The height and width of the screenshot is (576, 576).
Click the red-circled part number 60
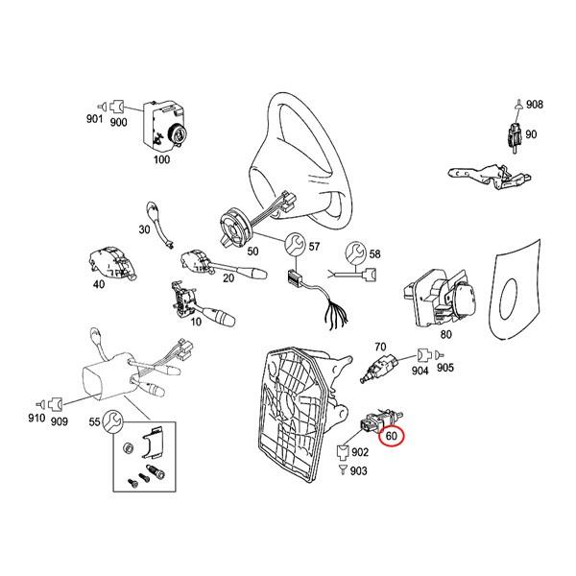point(392,436)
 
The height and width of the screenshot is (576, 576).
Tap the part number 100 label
point(161,159)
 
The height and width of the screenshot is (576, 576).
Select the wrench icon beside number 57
point(296,244)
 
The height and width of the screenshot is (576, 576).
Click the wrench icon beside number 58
point(355,252)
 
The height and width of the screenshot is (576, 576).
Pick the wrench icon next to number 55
point(113,421)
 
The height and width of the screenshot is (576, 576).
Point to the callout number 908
point(535,105)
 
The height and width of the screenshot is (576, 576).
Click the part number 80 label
point(446,334)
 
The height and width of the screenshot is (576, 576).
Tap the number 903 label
point(358,471)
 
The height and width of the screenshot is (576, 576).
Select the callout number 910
point(36,418)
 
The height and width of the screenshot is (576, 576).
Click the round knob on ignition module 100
point(179,133)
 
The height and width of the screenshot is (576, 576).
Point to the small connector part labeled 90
point(515,136)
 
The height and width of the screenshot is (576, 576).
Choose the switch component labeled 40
point(112,263)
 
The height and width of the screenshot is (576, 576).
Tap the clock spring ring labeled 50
point(234,228)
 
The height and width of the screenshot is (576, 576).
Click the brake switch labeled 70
point(379,368)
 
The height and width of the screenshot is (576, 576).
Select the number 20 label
point(228,278)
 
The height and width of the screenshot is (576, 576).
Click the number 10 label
point(196,322)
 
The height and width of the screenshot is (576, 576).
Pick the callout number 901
point(94,119)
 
